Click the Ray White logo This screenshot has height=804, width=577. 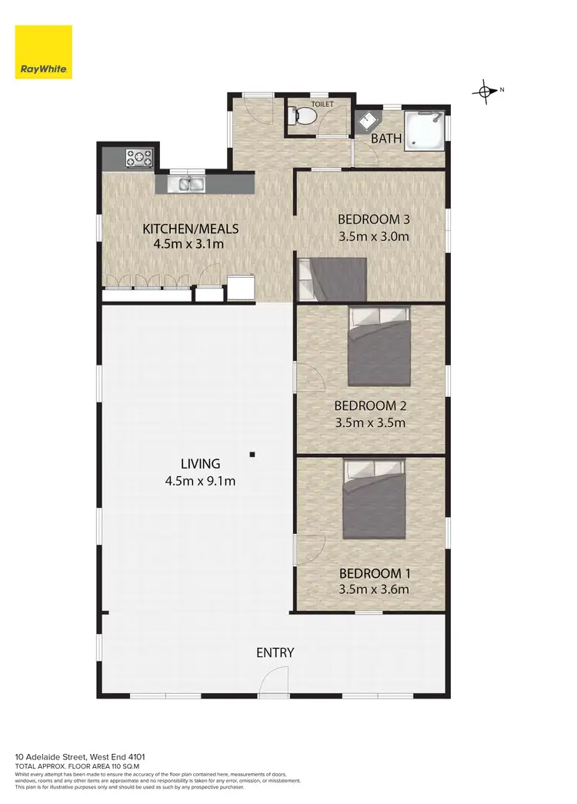(x=44, y=52)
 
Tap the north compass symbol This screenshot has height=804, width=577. (x=485, y=91)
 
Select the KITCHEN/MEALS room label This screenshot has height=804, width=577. (x=191, y=229)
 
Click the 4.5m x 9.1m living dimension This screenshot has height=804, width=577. (x=200, y=482)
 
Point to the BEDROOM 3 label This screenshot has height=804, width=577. (x=374, y=220)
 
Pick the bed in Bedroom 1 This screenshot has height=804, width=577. (x=375, y=499)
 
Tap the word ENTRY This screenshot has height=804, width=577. (x=275, y=653)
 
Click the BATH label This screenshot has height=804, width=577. (x=386, y=139)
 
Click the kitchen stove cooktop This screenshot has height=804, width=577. (x=139, y=158)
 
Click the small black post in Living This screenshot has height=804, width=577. (x=252, y=455)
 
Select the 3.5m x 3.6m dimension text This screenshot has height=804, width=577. (x=374, y=590)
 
